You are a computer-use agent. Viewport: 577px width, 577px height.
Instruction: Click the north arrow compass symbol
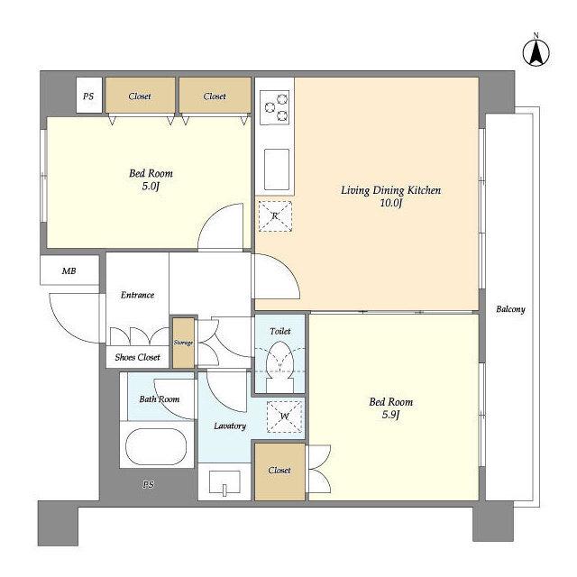(x=536, y=52)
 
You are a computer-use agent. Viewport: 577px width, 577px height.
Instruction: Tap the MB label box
(x=69, y=270)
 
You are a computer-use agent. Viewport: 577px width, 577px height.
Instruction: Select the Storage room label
(x=183, y=343)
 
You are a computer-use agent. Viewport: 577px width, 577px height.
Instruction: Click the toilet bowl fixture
(x=280, y=365)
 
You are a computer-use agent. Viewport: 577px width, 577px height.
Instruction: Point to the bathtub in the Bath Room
(x=156, y=446)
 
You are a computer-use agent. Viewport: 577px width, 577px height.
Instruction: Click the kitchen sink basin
(x=277, y=169)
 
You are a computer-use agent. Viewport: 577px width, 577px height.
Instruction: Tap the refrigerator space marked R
(x=275, y=216)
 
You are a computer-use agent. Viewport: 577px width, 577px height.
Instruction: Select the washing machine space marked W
(x=285, y=417)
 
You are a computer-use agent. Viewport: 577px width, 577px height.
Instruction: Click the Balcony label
(x=510, y=309)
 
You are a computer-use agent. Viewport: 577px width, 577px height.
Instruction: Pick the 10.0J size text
(x=390, y=203)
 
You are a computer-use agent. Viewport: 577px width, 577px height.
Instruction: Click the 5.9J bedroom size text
(x=390, y=415)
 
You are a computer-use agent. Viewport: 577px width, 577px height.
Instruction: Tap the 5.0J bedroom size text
(x=151, y=187)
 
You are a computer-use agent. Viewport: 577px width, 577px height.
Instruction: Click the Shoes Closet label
(x=137, y=357)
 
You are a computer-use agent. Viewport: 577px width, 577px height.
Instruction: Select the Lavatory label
(x=230, y=426)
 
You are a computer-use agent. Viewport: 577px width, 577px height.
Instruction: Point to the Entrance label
(x=137, y=295)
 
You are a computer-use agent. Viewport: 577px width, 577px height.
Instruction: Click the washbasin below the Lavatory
(x=224, y=483)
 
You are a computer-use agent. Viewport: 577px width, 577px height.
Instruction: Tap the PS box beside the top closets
(x=88, y=96)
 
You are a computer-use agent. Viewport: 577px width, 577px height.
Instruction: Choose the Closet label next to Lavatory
(x=279, y=471)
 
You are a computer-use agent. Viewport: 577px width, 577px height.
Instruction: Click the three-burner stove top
(x=275, y=107)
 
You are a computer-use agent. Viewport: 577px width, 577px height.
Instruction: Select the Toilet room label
(x=280, y=331)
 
